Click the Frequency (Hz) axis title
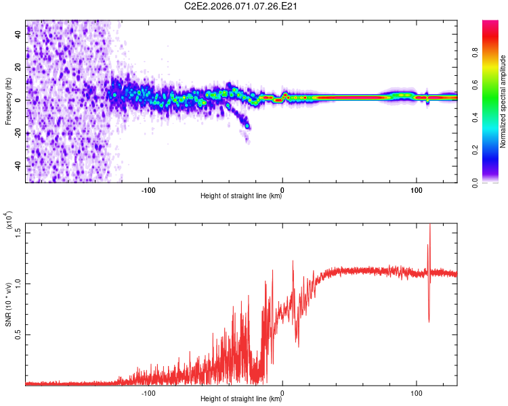click(x=7, y=101)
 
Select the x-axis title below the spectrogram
click(x=241, y=196)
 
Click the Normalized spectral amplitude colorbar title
click(x=503, y=101)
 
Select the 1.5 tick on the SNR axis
click(x=18, y=232)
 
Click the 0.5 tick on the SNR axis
click(x=18, y=334)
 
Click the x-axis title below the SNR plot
click(x=241, y=399)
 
